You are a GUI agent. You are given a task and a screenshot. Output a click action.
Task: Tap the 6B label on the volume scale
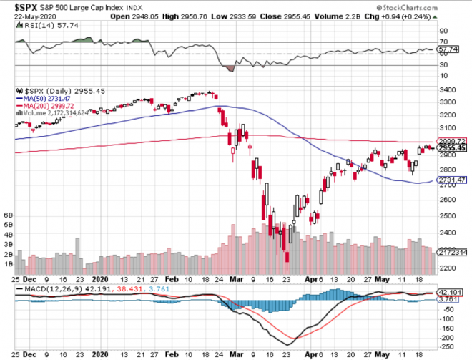click(x=9, y=215)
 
